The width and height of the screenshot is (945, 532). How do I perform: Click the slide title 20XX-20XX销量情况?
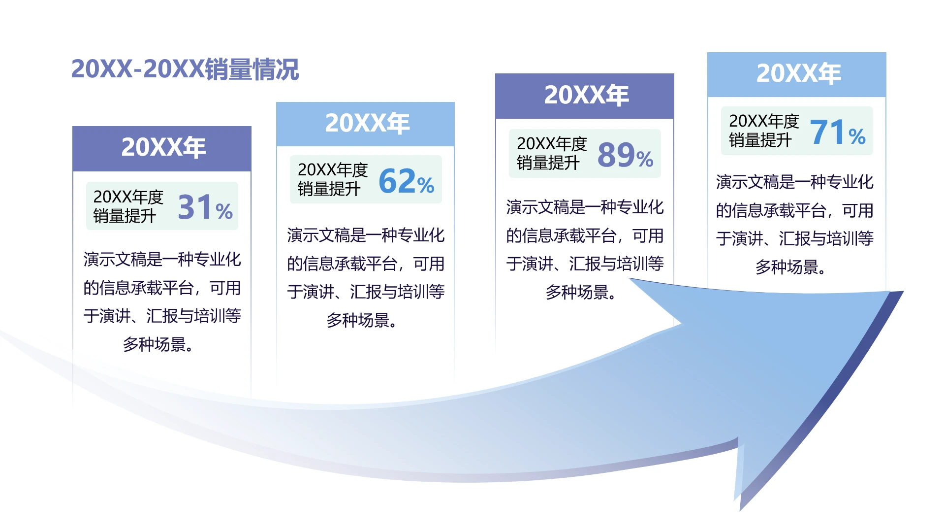point(185,69)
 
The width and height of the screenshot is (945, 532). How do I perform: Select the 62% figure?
point(406,181)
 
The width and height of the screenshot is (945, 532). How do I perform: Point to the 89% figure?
point(625,155)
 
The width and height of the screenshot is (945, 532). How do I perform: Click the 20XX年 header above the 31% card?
point(163,147)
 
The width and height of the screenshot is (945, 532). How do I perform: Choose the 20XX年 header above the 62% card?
point(367,123)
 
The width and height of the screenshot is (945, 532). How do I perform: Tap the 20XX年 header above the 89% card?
point(586,95)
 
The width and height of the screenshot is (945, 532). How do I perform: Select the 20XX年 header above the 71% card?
point(798,73)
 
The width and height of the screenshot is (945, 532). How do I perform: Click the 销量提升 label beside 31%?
point(125,216)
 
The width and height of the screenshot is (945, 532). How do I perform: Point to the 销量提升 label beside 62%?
point(329,189)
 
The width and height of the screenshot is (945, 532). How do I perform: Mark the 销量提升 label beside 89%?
point(548,163)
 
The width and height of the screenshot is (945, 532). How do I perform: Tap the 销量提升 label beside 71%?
point(760,140)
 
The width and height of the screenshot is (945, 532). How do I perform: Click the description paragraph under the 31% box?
point(162,301)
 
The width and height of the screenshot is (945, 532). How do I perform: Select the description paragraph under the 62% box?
point(366,277)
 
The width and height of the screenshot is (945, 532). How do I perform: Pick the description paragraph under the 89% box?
point(585,249)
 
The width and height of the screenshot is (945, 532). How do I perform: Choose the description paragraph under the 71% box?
point(794,224)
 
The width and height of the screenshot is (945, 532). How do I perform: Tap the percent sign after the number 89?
point(645,159)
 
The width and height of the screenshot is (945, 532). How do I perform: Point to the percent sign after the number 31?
point(224,211)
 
